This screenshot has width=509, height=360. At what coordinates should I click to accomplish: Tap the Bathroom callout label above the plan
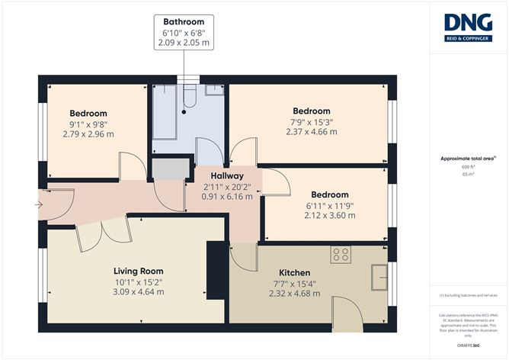pos(183,21)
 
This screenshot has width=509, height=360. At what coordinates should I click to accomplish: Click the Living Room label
pos(138,271)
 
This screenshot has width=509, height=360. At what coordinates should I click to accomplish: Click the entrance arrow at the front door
pos(40,204)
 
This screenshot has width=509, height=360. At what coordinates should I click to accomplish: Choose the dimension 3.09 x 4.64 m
pos(138,291)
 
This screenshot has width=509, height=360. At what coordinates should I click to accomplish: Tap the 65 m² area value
pos(468,175)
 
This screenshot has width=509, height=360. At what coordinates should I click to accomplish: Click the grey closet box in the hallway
pos(168,168)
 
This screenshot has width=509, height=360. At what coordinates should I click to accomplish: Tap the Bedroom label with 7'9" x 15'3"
pos(310,111)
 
